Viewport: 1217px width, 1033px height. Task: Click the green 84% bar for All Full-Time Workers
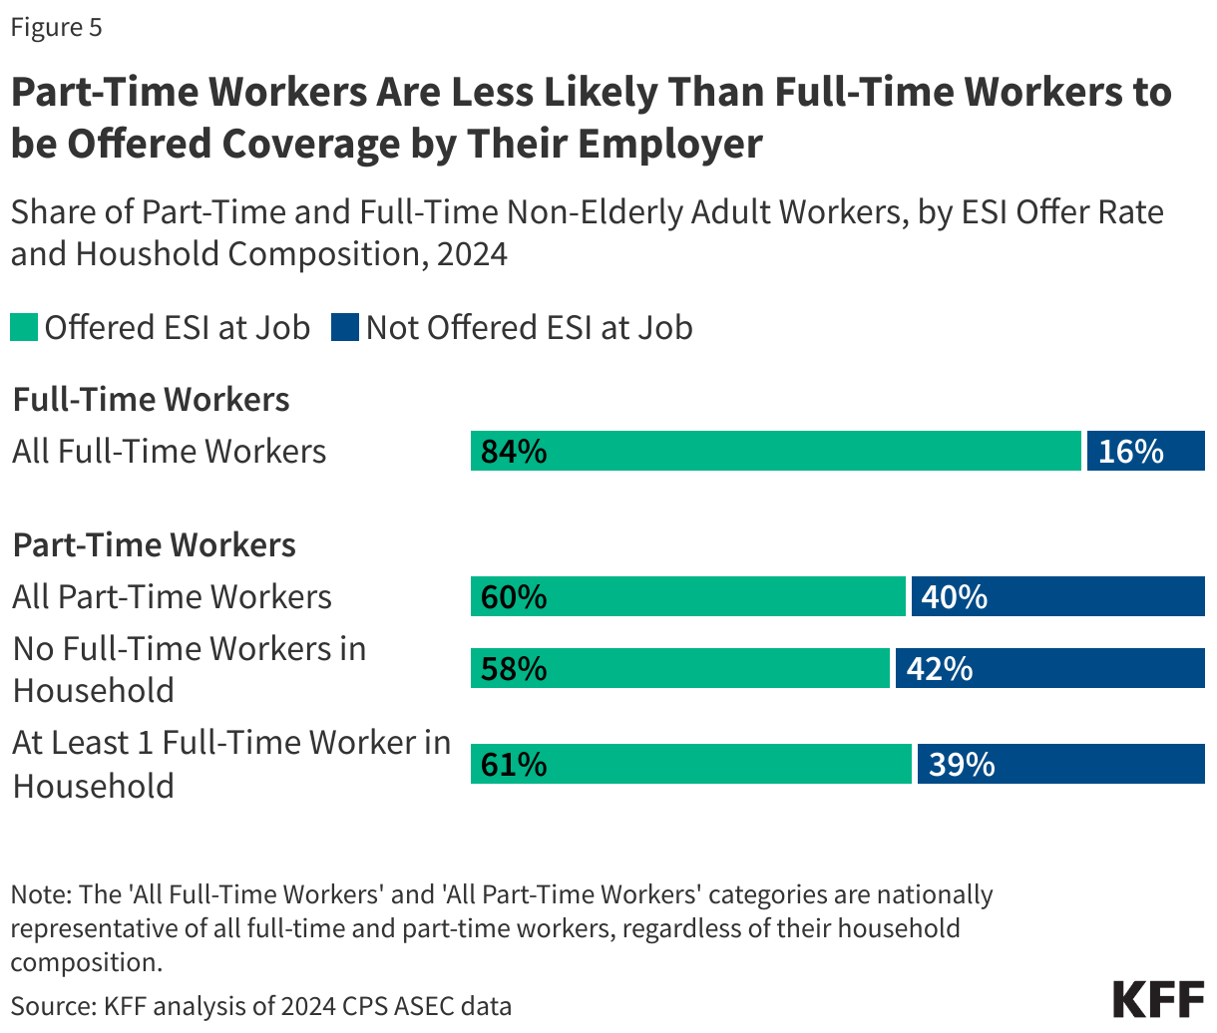point(776,451)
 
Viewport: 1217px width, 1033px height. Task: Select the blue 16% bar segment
point(1145,451)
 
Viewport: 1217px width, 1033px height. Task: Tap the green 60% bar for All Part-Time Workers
point(688,596)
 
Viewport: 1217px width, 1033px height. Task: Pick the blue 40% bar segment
point(1057,596)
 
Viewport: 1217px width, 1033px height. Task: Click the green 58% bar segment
point(679,668)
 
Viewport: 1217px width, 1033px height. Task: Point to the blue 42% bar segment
point(1049,668)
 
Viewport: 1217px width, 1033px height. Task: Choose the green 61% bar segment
point(691,764)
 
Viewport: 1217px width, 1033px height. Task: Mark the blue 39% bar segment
point(1060,764)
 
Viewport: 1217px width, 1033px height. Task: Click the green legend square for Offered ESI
point(24,328)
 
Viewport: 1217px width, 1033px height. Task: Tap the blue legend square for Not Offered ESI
point(345,328)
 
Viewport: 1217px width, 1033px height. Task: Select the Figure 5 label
point(57,27)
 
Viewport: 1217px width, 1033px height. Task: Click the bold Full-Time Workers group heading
point(151,400)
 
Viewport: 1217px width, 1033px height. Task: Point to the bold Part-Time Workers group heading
point(154,545)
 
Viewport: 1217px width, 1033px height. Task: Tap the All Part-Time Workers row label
point(172,596)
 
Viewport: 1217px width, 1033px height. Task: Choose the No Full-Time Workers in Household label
point(189,669)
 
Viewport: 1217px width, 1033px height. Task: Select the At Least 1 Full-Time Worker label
point(230,764)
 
